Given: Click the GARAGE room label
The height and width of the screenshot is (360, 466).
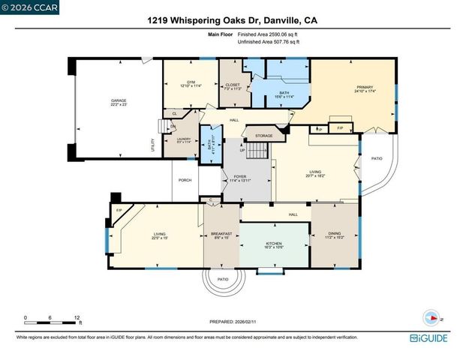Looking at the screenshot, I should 119,100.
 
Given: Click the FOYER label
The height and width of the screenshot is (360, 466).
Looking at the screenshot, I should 239,177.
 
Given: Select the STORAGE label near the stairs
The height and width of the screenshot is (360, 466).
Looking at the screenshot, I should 264,136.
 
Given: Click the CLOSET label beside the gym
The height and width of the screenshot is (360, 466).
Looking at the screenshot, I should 232,85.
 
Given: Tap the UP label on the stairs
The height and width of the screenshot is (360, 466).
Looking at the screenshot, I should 242,150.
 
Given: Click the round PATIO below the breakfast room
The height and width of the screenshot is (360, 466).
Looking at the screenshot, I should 223,280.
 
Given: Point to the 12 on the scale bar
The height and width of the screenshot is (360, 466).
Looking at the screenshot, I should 77,316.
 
